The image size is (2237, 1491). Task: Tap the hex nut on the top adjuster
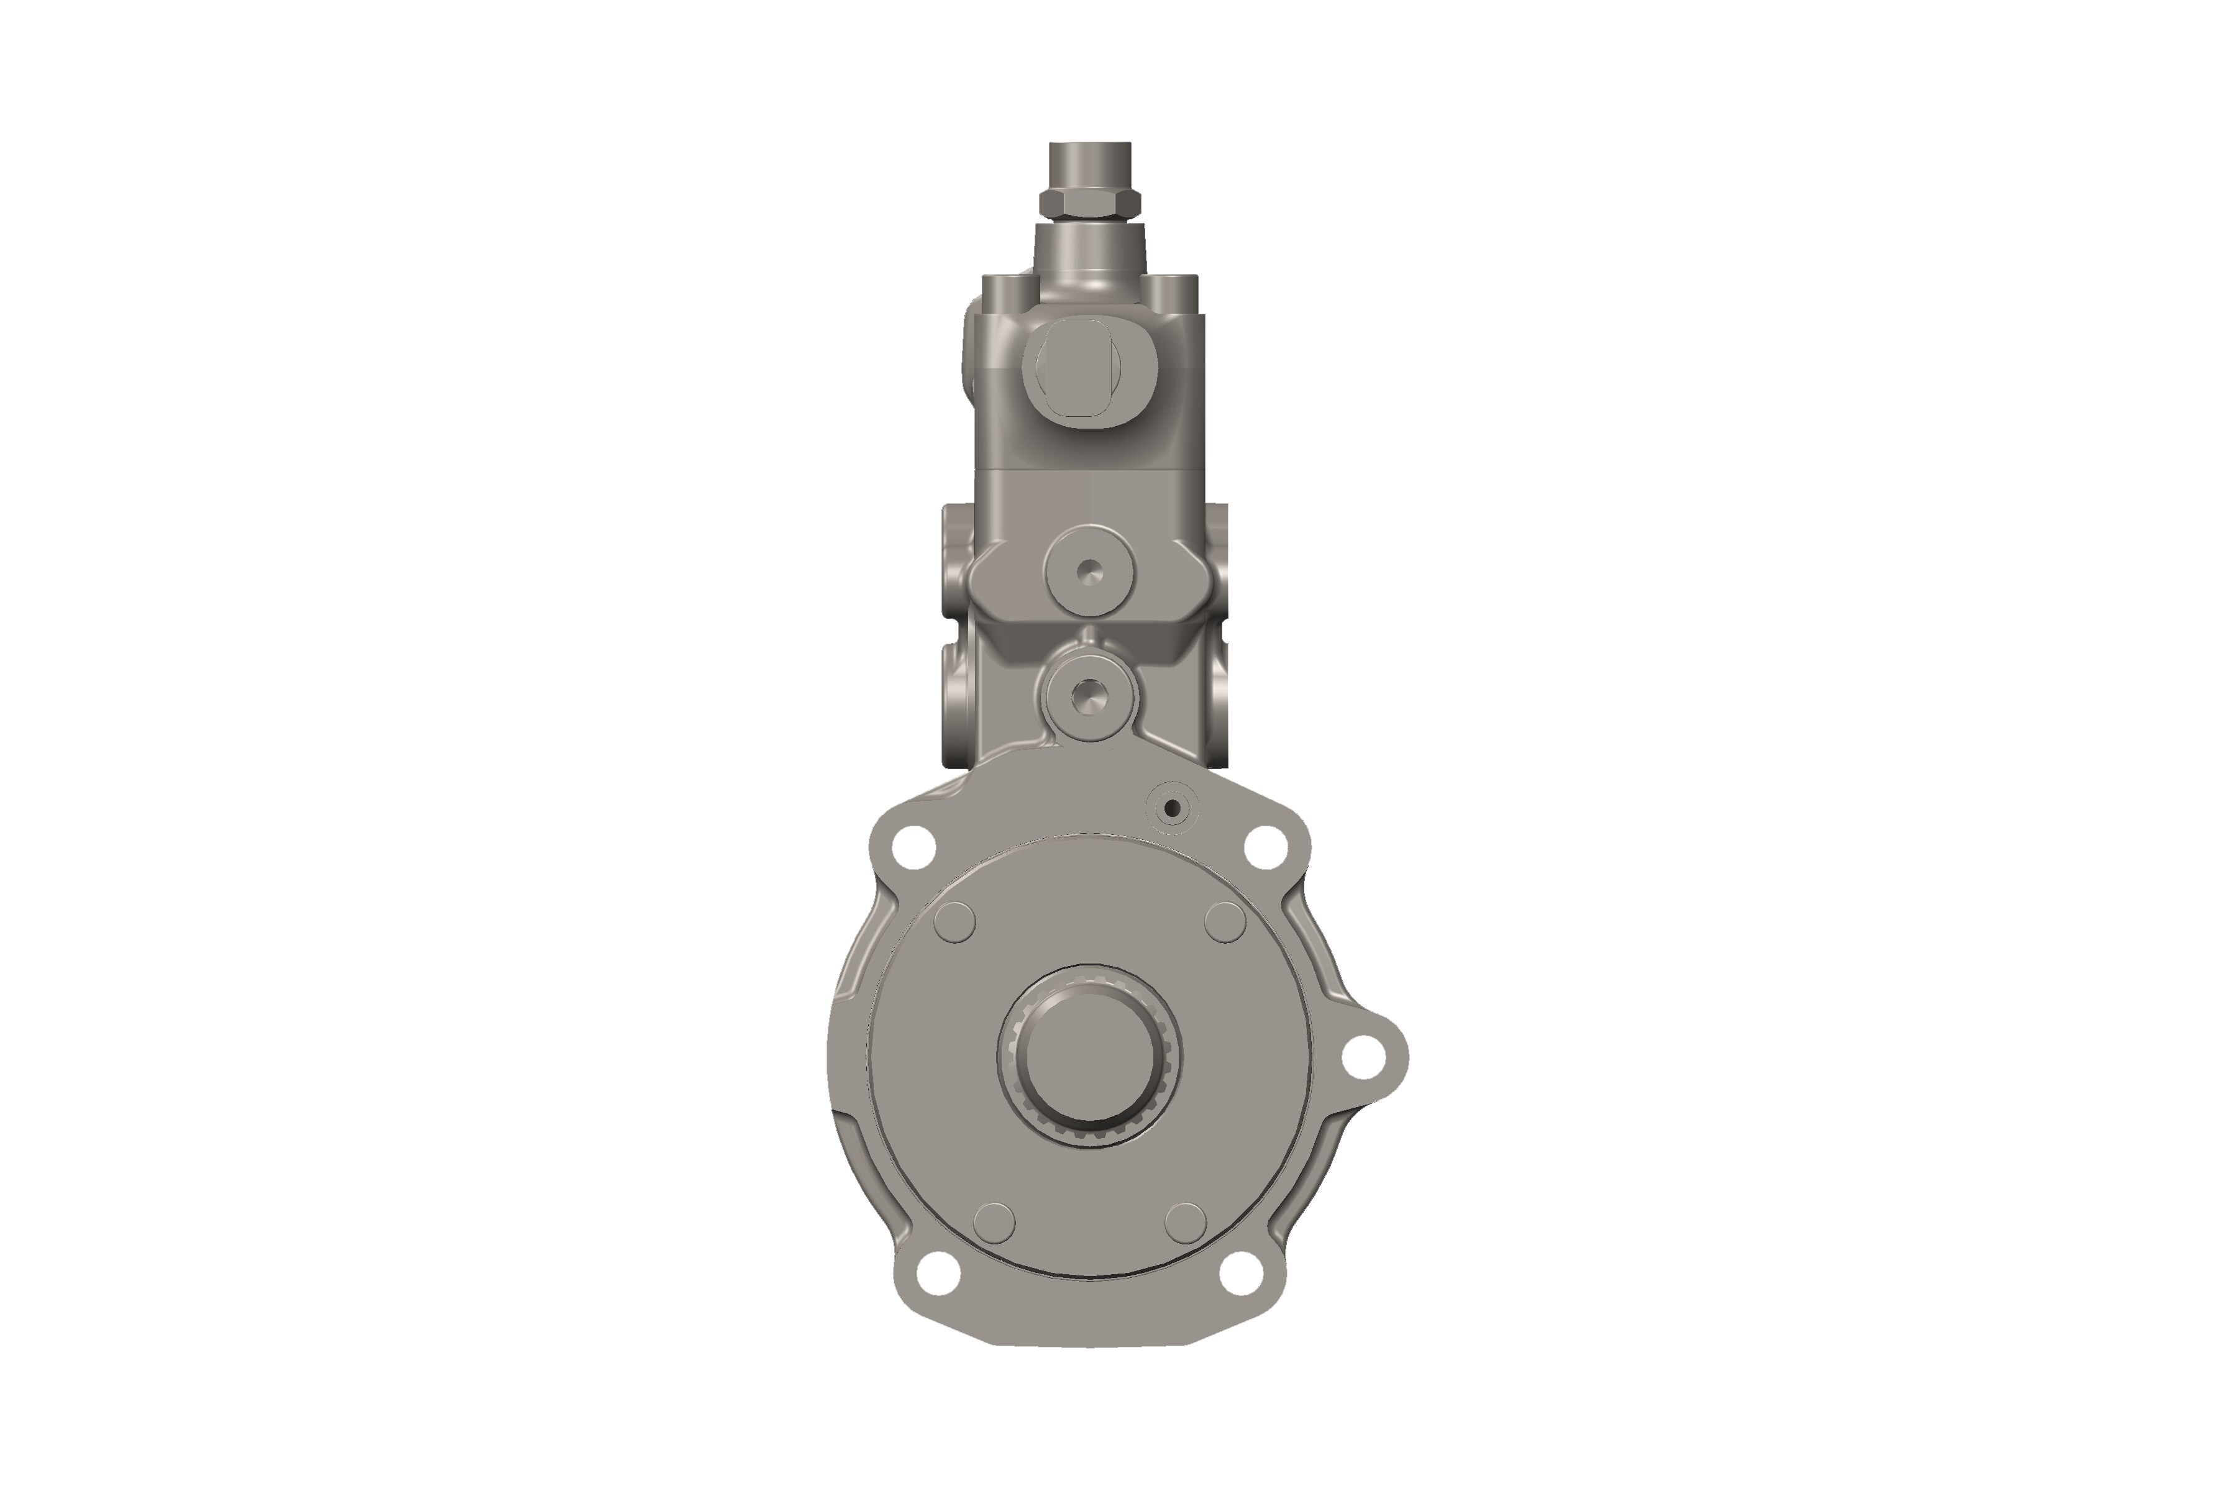pos(1090,203)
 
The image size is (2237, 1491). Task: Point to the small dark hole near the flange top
pos(1172,808)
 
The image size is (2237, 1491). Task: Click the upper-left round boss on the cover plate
pos(955,921)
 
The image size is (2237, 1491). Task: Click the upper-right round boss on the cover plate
pos(1225,921)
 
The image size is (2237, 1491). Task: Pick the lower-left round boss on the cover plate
pos(994,1222)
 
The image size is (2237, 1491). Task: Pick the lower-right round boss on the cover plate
pos(1185,1222)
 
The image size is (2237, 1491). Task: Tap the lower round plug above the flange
pos(1090,696)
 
